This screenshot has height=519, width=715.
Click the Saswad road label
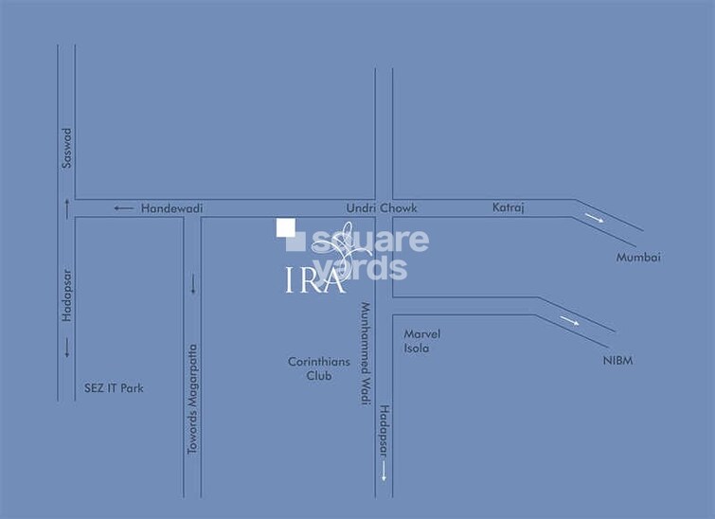coord(67,149)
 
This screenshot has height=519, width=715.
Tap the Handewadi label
coord(171,208)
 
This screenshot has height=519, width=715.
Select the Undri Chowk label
coord(381,208)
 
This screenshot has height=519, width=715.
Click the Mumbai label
coord(638,258)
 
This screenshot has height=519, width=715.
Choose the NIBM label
coord(617,361)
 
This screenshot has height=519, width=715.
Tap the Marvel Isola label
coord(422,341)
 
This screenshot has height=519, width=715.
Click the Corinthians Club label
coord(319,368)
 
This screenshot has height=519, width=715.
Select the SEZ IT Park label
coord(113,388)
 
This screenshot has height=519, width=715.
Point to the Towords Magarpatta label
coord(192,399)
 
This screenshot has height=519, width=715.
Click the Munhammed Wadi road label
coord(363,353)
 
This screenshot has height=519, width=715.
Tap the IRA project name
coord(314,280)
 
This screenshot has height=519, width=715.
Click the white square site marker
coord(285,227)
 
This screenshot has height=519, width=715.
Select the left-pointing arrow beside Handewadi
coord(123,208)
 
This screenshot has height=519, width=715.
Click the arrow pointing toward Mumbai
coord(594,219)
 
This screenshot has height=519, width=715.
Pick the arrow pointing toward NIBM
coord(569,321)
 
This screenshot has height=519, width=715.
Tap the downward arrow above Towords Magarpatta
coord(193,283)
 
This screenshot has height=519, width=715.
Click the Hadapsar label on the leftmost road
coord(67,296)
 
